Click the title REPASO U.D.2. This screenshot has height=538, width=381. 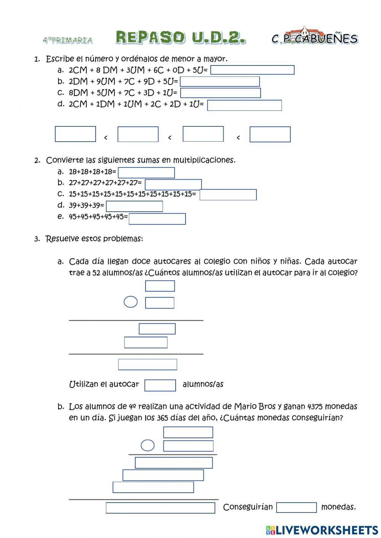tap(181, 38)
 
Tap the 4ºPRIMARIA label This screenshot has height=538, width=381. tap(67, 40)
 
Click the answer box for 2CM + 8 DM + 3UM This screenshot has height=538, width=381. tap(252, 70)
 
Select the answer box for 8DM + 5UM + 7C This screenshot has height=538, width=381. tap(220, 93)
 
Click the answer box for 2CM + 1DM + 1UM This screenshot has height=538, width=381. tap(244, 105)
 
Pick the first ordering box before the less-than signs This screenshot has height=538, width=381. tap(75, 134)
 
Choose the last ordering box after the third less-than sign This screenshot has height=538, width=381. tap(270, 134)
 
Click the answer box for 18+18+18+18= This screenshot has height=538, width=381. tap(146, 172)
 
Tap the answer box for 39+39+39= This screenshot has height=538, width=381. tap(134, 206)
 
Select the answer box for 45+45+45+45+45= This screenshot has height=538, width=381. tap(157, 219)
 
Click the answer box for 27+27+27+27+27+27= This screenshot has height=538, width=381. tap(173, 184)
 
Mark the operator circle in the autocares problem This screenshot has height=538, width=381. tap(131, 302)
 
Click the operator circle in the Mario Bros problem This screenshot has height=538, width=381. tap(147, 445)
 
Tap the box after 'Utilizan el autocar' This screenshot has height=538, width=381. tap(160, 385)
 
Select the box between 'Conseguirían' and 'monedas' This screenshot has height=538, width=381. tap(296, 508)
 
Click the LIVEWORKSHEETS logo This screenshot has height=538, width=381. tap(322, 530)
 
